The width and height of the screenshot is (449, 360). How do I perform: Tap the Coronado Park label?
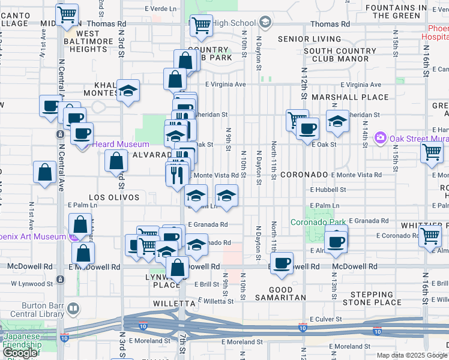318,222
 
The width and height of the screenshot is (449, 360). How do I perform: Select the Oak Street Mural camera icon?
380,138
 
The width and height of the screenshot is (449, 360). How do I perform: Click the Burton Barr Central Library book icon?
73,308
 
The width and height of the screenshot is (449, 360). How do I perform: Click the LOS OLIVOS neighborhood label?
114,197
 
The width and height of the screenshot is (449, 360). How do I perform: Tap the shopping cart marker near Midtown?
68,13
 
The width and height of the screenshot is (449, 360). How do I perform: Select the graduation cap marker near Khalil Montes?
128,90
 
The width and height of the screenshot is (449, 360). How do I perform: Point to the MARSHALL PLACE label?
337,97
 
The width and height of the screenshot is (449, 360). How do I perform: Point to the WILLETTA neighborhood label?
157,304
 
